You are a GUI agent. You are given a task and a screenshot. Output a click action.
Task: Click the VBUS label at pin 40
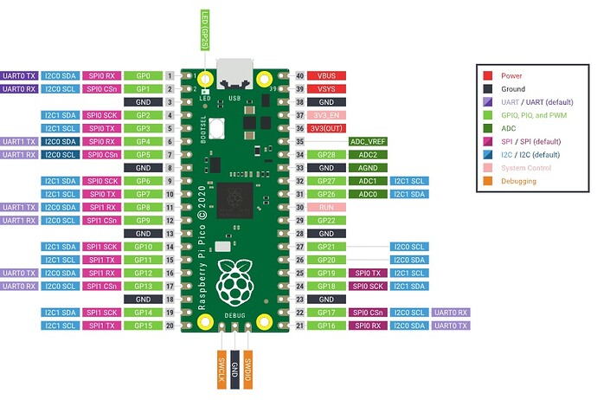point(328,76)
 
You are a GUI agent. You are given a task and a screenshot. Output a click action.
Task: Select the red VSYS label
point(328,89)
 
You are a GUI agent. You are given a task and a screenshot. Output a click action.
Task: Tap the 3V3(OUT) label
point(328,128)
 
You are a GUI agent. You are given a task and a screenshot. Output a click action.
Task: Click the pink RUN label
point(328,208)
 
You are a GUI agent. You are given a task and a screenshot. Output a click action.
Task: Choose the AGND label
point(367,167)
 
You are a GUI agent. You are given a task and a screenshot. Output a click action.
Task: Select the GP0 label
point(143,76)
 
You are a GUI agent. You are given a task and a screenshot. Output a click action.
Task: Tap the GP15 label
point(143,326)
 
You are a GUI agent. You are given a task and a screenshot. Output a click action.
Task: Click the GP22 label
point(328,221)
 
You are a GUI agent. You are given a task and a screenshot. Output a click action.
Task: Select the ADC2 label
point(367,154)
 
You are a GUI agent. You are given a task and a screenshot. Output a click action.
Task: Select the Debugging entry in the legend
point(518,181)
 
